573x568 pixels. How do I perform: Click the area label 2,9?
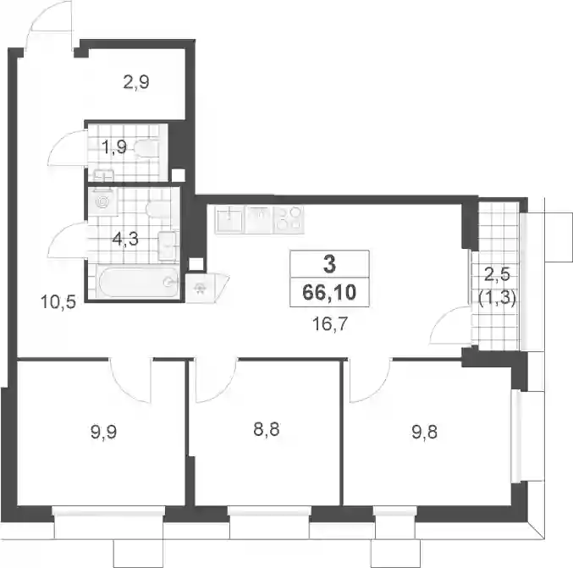point(136,82)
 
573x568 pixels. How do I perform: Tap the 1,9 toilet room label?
point(114,147)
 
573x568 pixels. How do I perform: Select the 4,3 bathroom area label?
point(125,239)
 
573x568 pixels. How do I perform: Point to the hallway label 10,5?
point(58,302)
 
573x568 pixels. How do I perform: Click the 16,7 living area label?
point(329,323)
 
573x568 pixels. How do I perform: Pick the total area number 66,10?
point(329,292)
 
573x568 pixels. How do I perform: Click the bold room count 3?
point(329,264)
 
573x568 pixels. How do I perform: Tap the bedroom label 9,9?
point(103,433)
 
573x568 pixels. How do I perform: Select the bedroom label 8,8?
point(267,429)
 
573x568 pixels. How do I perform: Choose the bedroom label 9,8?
point(424,432)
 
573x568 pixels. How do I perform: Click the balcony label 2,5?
point(497,273)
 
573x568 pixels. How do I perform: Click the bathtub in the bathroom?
point(138,282)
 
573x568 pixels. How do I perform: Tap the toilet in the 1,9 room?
point(146,149)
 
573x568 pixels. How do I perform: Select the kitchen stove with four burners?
point(289,218)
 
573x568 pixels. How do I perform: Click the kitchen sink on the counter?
point(229,220)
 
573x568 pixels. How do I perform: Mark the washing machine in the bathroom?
point(102,201)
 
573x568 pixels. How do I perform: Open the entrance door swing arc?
point(49,23)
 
